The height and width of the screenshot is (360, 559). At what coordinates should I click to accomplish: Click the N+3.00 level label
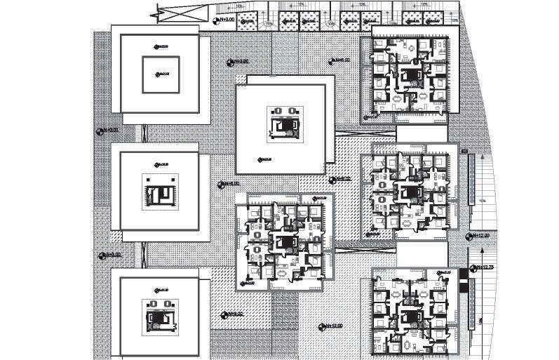(227, 20)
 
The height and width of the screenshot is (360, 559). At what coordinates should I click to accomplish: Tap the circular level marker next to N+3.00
(215, 20)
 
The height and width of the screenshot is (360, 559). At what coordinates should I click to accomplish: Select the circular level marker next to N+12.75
(474, 267)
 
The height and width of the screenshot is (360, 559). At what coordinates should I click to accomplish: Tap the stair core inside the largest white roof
(285, 124)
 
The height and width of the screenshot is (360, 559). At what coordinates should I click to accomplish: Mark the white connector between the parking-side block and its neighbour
(421, 134)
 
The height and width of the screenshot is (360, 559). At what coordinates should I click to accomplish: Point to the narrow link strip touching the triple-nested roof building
(144, 133)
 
